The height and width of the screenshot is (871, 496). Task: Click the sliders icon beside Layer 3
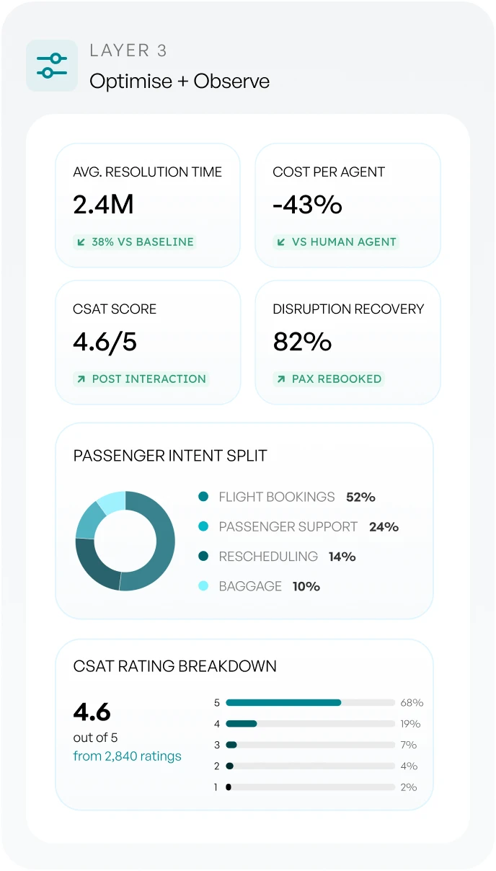pyautogui.click(x=52, y=66)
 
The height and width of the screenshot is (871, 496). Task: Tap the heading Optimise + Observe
pyautogui.click(x=180, y=81)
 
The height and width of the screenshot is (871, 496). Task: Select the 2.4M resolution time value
pyautogui.click(x=103, y=204)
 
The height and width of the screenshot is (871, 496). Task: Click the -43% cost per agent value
pyautogui.click(x=307, y=204)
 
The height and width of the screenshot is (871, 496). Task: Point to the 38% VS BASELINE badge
pyautogui.click(x=135, y=242)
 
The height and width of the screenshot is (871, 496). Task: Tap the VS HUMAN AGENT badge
pyautogui.click(x=336, y=242)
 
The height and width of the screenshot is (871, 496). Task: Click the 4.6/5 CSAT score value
pyautogui.click(x=105, y=342)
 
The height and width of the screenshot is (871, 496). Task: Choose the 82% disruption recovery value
pyautogui.click(x=302, y=341)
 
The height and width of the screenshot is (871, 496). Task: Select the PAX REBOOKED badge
pyautogui.click(x=329, y=379)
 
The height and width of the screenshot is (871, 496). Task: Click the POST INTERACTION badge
pyautogui.click(x=141, y=379)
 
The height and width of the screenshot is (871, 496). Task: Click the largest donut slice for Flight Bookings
pyautogui.click(x=159, y=544)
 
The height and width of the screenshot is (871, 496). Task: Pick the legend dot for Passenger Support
pyautogui.click(x=203, y=526)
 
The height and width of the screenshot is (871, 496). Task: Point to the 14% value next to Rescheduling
pyautogui.click(x=342, y=557)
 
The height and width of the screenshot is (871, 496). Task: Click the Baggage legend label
pyautogui.click(x=250, y=586)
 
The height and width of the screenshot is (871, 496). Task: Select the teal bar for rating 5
pyautogui.click(x=283, y=702)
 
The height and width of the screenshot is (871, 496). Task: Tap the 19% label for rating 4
pyautogui.click(x=410, y=724)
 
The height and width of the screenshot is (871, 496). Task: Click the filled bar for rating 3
pyautogui.click(x=231, y=745)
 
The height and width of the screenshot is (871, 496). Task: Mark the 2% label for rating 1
pyautogui.click(x=409, y=787)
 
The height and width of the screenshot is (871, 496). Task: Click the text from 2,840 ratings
pyautogui.click(x=127, y=756)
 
